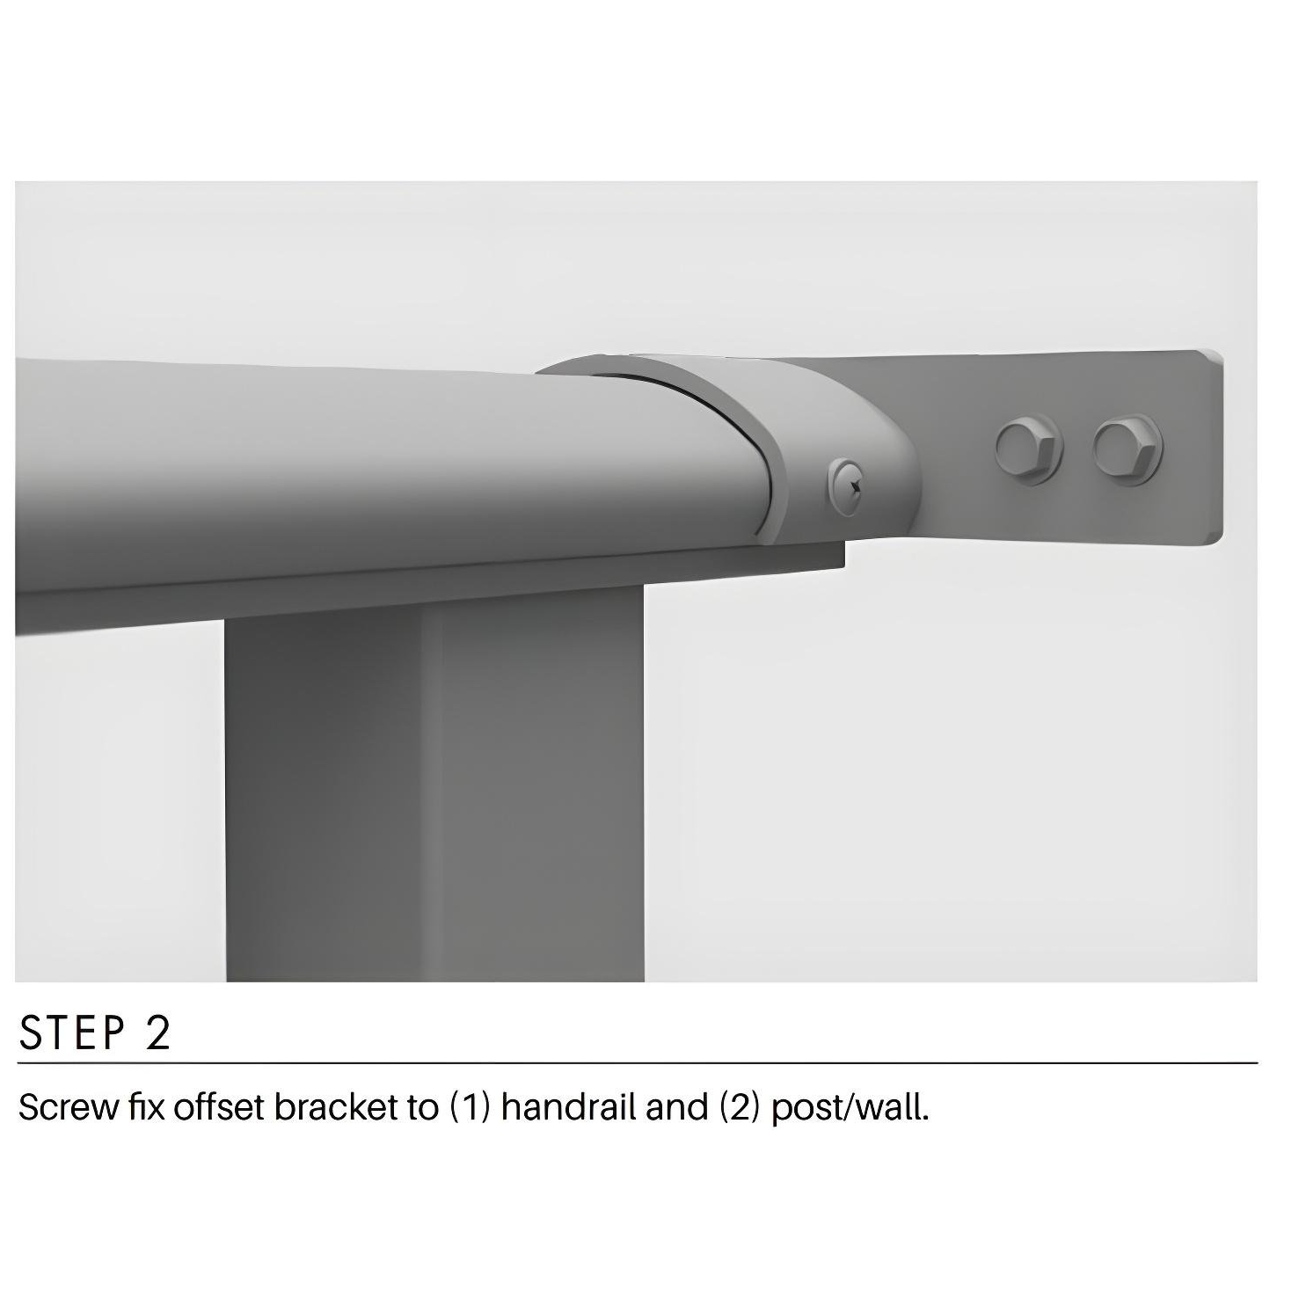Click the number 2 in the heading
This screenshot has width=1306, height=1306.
pos(157,1033)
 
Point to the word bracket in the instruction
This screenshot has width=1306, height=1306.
pos(334,1107)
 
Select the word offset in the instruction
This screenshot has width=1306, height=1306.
pos(219,1107)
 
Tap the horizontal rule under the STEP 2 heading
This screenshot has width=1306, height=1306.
pos(638,1063)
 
